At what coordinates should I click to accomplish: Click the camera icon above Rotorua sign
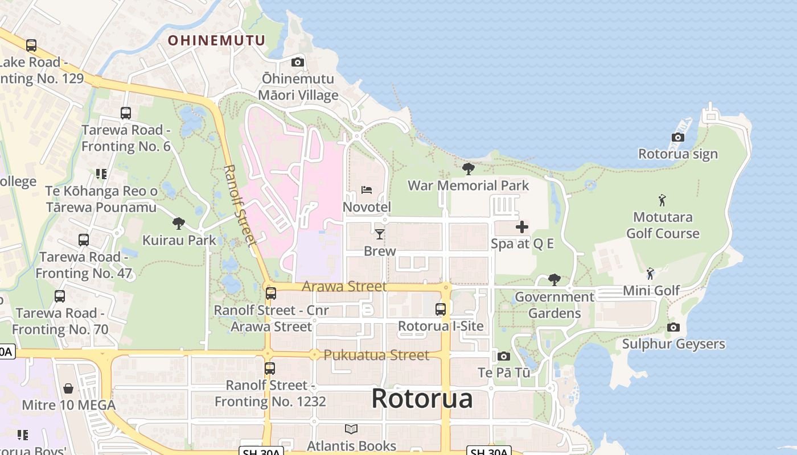(677, 137)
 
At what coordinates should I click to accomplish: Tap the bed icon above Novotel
(367, 190)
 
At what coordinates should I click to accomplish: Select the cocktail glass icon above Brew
(379, 234)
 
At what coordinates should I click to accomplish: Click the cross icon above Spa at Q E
(521, 227)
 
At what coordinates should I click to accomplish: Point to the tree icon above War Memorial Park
(468, 168)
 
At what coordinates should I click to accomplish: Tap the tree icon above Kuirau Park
(179, 224)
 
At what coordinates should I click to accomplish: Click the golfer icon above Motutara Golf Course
(662, 200)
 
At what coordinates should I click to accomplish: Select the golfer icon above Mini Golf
(650, 274)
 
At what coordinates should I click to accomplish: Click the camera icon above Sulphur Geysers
(673, 327)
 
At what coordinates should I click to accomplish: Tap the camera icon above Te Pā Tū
(503, 356)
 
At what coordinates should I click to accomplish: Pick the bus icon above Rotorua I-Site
(440, 309)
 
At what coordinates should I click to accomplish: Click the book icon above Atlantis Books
(351, 429)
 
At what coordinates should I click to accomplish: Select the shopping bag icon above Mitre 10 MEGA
(68, 388)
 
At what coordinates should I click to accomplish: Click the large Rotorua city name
(422, 398)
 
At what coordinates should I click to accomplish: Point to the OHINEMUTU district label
(216, 40)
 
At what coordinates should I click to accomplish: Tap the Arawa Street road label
(344, 286)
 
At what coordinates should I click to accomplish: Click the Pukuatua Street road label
(376, 355)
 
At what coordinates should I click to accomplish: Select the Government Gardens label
(554, 305)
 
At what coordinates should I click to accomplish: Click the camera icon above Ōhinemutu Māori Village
(297, 62)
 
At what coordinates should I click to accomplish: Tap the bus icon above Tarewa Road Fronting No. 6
(126, 113)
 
